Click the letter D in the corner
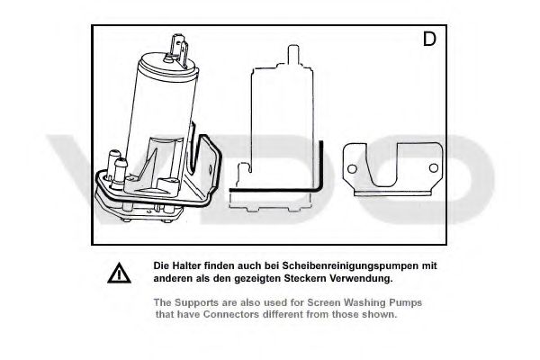pyautogui.click(x=429, y=39)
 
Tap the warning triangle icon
pyautogui.click(x=119, y=273)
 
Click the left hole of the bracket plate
pyautogui.click(x=352, y=169)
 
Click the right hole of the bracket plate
pyautogui.click(x=434, y=168)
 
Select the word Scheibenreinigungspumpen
pyautogui.click(x=351, y=266)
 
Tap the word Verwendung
pyautogui.click(x=361, y=278)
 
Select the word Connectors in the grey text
pyautogui.click(x=230, y=314)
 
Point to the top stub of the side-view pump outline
pyautogui.click(x=293, y=54)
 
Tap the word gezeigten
pyautogui.click(x=257, y=278)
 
